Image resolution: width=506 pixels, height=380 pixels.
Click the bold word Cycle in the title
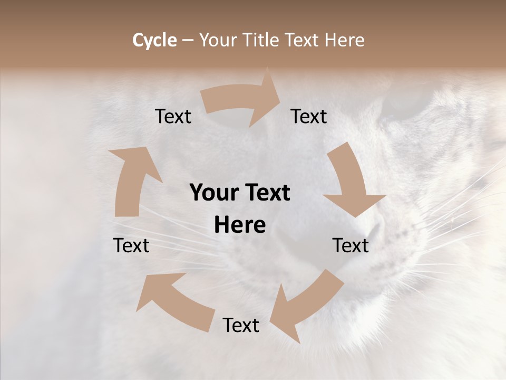point(154,40)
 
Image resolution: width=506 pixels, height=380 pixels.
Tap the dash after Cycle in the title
point(188,40)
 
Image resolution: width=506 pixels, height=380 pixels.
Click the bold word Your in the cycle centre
point(214,193)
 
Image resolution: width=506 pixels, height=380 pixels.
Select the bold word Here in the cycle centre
point(240,225)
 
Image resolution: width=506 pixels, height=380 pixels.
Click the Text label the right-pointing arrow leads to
point(309,116)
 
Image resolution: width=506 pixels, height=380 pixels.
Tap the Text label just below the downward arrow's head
point(351,245)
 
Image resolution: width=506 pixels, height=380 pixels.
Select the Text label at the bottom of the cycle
point(241,325)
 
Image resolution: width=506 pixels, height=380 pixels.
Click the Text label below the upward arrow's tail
point(131,245)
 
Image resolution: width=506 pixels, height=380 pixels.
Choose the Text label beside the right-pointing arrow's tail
point(173,116)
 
